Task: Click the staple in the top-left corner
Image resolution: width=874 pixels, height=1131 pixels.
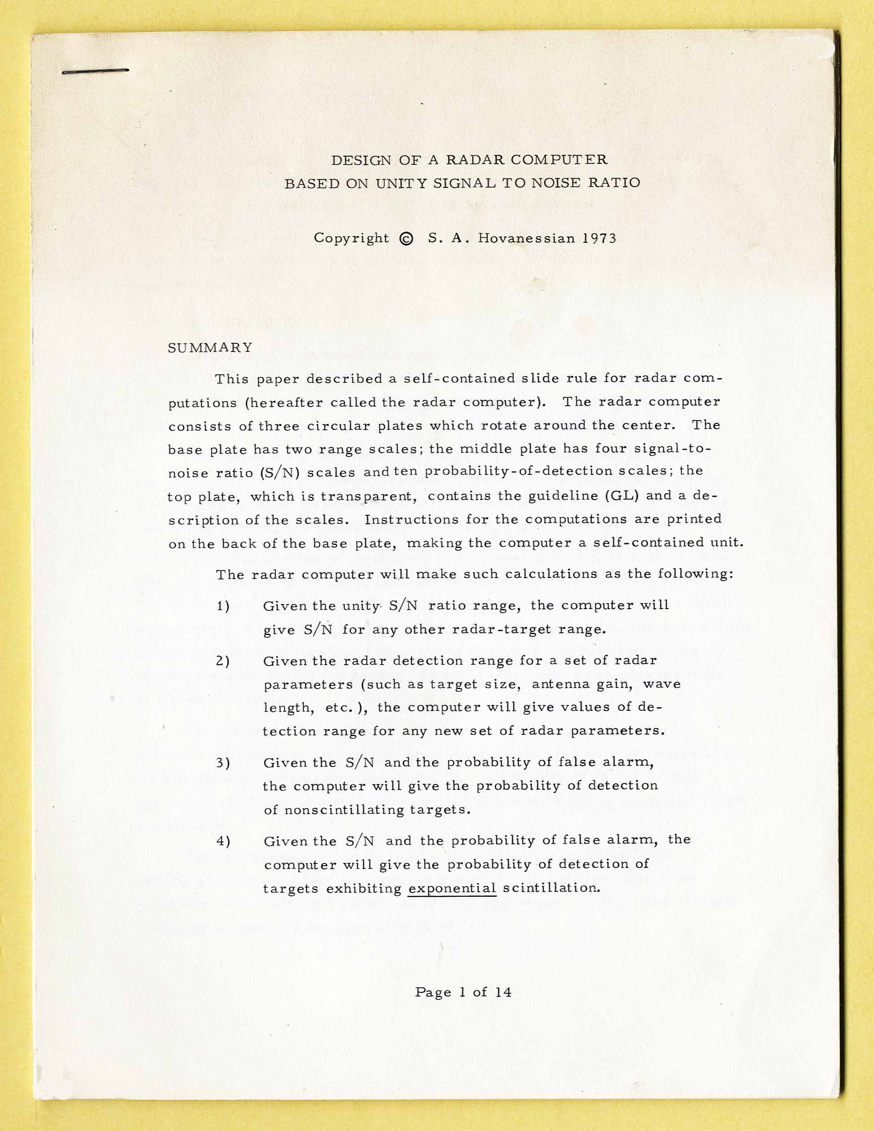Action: point(95,71)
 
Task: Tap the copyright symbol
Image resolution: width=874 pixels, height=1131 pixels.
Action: point(407,239)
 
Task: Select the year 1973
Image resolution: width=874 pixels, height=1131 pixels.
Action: point(599,238)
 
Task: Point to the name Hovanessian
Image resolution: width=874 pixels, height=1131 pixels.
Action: point(525,238)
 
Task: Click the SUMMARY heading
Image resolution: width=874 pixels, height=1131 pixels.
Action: point(210,347)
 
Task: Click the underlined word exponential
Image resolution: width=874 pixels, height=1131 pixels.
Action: point(452,888)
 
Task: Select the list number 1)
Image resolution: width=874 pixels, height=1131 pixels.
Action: point(223,606)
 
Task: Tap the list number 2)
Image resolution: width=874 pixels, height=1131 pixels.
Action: point(223,661)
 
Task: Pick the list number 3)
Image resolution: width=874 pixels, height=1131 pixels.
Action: point(223,763)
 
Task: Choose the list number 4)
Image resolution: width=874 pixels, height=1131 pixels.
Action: point(223,841)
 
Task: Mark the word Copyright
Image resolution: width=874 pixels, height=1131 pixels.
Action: point(351,238)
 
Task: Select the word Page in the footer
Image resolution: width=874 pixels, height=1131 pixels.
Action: point(433,992)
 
